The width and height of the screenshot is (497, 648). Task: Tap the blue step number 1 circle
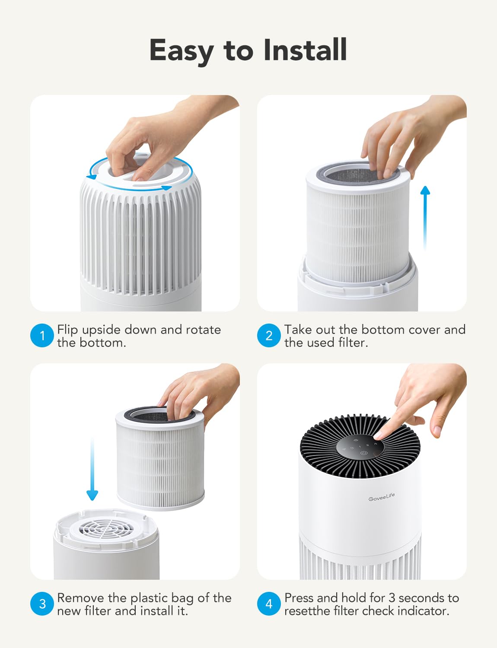point(42,336)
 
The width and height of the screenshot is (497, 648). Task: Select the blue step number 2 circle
point(269,336)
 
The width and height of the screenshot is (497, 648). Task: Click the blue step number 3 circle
point(42,604)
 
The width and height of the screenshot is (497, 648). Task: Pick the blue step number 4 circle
point(269,604)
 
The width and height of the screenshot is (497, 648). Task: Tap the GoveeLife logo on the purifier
point(381,497)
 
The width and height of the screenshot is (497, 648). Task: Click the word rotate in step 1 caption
point(203,330)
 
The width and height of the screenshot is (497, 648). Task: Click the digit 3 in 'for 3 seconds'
point(392,598)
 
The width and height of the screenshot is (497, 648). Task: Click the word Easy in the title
point(181,51)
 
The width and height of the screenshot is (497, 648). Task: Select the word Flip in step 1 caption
point(67,330)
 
